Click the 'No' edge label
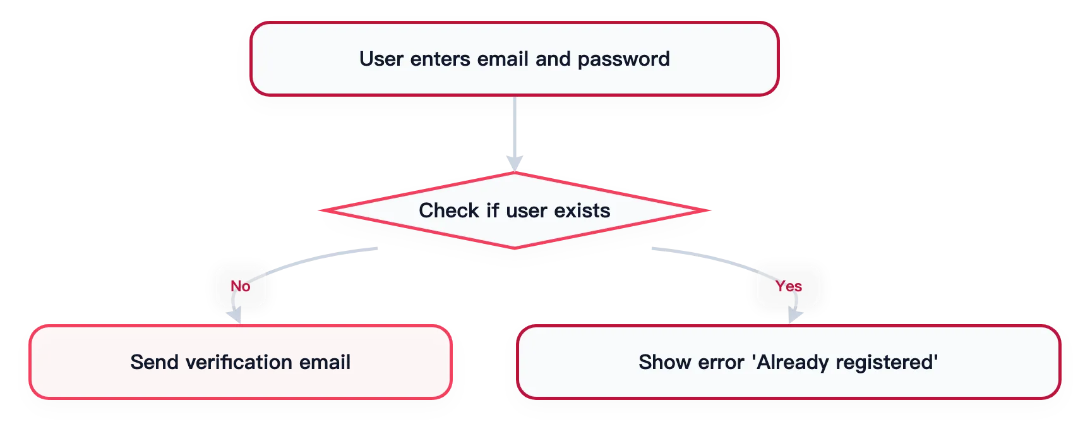[x=241, y=286]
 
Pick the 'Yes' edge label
[x=789, y=286]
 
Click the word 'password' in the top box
[x=623, y=59]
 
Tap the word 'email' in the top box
[x=503, y=59]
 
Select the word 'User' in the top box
[x=381, y=59]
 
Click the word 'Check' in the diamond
[x=449, y=210]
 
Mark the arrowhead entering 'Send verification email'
[x=235, y=317]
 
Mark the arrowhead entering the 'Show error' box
[x=794, y=316]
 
